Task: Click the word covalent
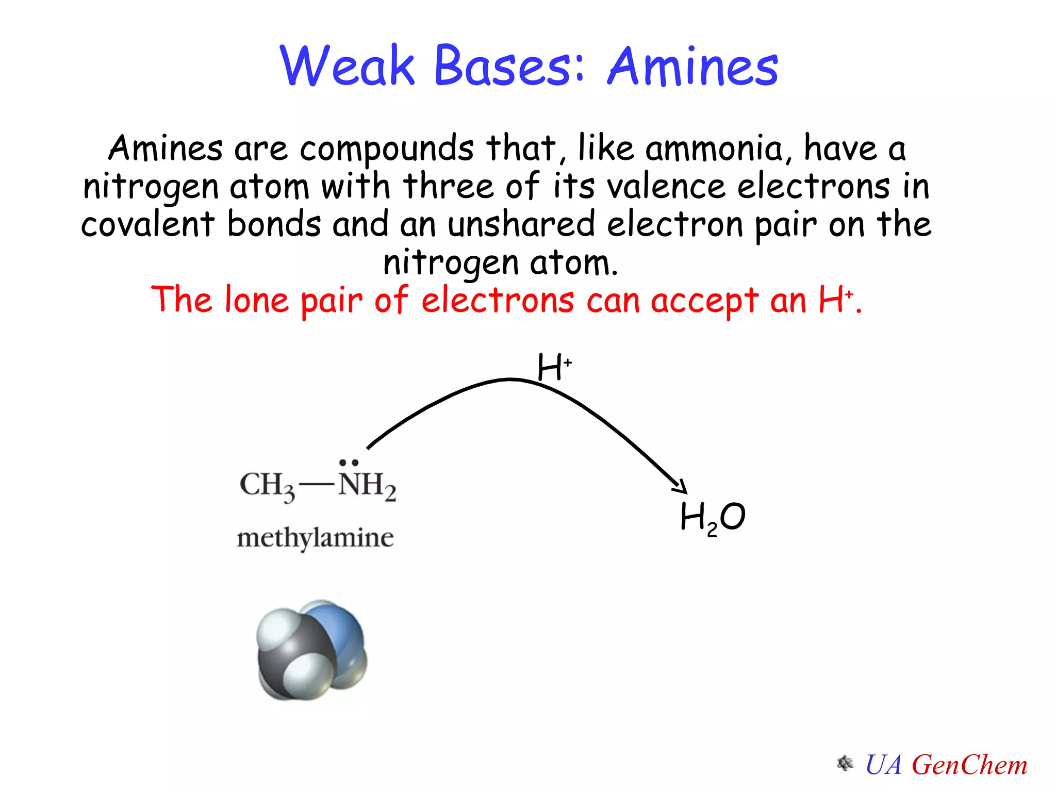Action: pos(147,225)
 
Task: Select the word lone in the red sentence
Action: pos(256,300)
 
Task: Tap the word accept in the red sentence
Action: pos(704,301)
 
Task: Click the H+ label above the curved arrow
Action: pos(554,367)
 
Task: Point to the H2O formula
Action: pos(713,517)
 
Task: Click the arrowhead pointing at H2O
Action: pos(681,486)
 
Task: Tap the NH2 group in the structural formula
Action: pos(367,485)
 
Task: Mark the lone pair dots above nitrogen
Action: pos(349,463)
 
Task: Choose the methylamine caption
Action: pos(315,538)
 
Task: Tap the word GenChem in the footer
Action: pos(969,765)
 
